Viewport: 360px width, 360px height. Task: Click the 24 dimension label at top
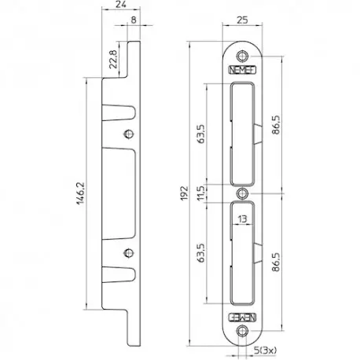click(121, 4)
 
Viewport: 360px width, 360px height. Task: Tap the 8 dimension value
click(134, 20)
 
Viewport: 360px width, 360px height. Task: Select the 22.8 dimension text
click(113, 59)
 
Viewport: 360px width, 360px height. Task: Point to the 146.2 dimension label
click(80, 193)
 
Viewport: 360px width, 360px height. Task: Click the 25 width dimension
click(242, 20)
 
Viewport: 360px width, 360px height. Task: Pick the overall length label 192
click(185, 193)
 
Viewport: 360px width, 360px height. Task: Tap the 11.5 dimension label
click(201, 193)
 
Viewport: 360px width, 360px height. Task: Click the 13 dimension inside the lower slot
click(243, 219)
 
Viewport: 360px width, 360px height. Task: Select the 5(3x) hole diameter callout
click(265, 350)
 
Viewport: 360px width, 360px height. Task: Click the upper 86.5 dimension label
click(276, 125)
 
